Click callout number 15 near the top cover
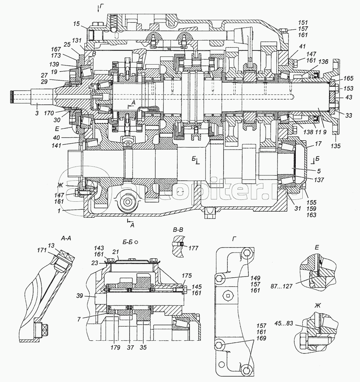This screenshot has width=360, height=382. tap(77, 24)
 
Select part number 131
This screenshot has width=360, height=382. tap(77, 40)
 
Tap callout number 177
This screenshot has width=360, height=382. tap(193, 248)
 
